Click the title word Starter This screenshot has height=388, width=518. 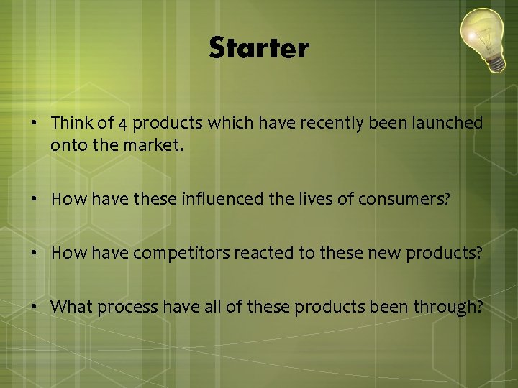[259, 48]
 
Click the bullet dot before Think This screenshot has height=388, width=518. [35, 124]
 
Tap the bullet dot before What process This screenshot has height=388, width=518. [35, 308]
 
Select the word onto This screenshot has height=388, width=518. [67, 145]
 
